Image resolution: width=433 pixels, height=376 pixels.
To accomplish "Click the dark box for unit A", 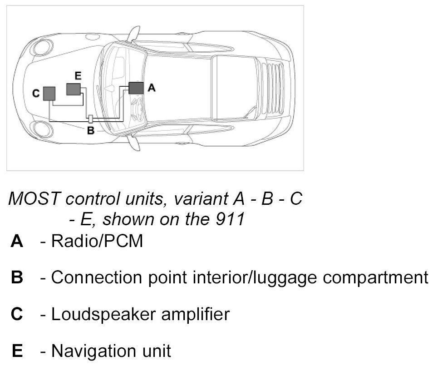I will (x=136, y=88).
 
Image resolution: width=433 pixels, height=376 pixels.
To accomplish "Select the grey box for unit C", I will (x=49, y=94).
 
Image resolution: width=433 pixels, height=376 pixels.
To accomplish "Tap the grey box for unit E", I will (x=73, y=89).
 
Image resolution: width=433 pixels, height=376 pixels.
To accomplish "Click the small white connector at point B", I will (x=90, y=119).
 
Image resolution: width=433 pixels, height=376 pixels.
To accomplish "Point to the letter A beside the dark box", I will (x=152, y=88).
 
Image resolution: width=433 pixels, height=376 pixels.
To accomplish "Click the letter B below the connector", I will (x=90, y=131).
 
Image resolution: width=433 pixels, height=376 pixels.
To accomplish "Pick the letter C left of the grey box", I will (x=36, y=94).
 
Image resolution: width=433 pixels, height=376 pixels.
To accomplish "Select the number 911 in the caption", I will (x=231, y=219).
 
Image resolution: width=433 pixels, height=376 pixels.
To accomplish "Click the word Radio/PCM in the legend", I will (x=97, y=241).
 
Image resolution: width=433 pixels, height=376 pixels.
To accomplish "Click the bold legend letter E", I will (x=17, y=351).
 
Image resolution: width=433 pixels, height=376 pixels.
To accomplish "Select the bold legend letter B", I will (x=17, y=278).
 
